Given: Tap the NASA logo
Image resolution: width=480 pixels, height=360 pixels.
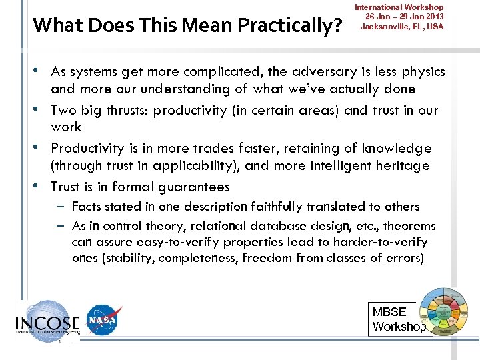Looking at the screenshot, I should coord(103,320).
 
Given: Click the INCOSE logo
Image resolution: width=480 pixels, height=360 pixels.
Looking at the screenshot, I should coord(47,321).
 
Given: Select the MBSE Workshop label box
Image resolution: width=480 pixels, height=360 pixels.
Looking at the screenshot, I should coord(399,319).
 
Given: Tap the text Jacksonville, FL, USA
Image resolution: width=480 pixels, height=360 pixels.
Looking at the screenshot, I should coord(401,27).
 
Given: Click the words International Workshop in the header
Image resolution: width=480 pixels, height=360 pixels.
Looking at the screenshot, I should coord(399,7).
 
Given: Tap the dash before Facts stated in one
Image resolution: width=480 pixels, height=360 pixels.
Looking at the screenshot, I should coord(61,207).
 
